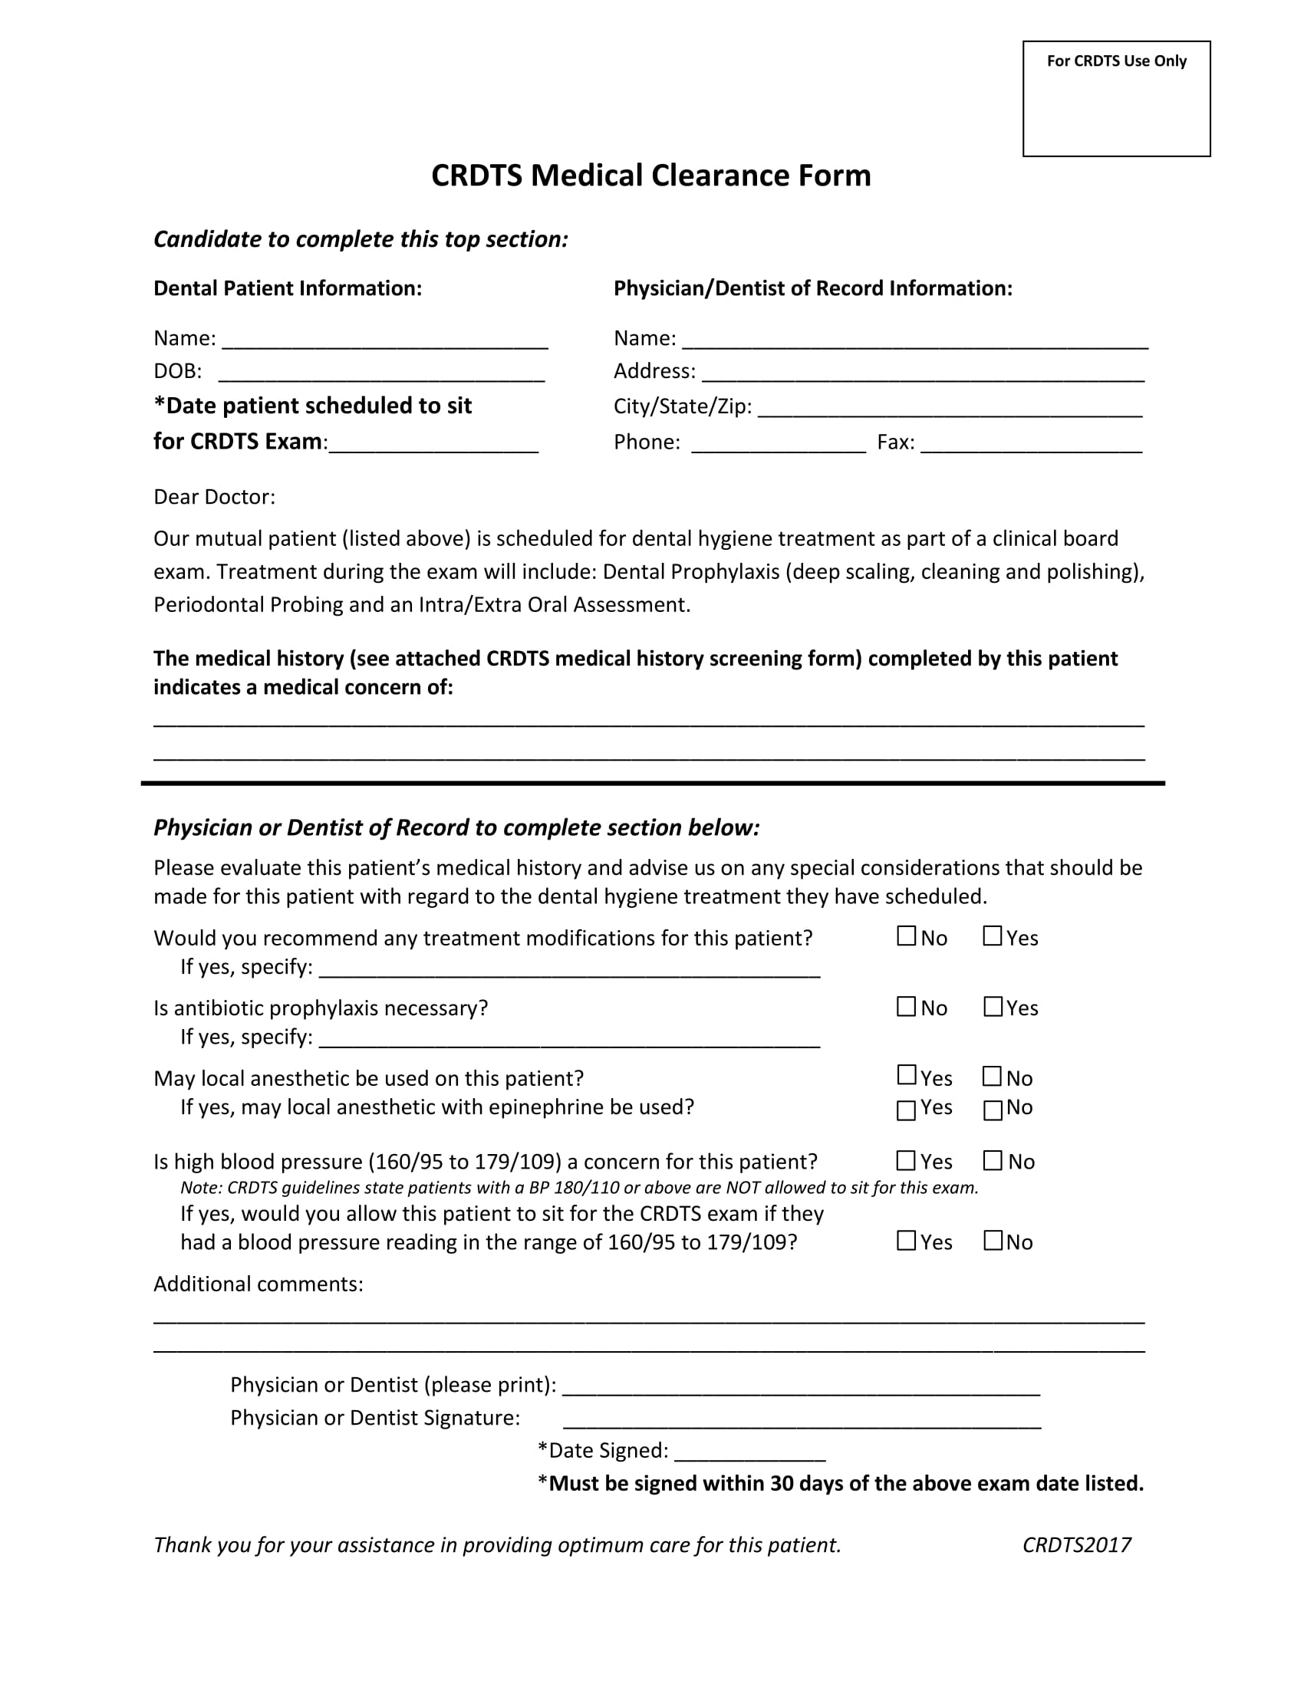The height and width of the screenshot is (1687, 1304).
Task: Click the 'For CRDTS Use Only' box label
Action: [x=1115, y=61]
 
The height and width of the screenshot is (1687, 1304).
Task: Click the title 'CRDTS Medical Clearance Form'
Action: [x=650, y=176]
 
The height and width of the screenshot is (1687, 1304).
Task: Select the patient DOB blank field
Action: [x=382, y=373]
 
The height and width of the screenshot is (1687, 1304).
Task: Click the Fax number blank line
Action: [x=1030, y=443]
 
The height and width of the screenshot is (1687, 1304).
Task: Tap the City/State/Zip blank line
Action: [x=950, y=408]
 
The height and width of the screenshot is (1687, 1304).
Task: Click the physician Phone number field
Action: [x=778, y=443]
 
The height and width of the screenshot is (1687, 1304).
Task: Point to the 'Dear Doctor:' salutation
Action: [x=214, y=497]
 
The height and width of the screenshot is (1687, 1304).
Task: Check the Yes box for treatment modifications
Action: [x=992, y=936]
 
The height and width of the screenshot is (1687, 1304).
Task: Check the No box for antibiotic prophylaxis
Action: [x=905, y=1007]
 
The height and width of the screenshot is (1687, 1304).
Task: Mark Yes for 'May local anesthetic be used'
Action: [x=905, y=1075]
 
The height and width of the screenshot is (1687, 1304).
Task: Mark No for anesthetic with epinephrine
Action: [x=992, y=1110]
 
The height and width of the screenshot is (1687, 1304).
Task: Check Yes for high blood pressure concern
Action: [x=905, y=1160]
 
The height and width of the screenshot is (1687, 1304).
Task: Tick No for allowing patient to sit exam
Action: [x=992, y=1241]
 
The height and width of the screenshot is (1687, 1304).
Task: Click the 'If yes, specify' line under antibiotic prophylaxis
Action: [x=568, y=1038]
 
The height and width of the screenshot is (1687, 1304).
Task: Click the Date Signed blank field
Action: [x=749, y=1452]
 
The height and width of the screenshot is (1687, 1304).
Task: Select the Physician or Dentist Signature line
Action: [x=801, y=1419]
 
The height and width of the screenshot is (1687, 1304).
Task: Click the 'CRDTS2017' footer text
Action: [x=1076, y=1545]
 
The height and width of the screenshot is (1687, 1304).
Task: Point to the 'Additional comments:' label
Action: [x=258, y=1284]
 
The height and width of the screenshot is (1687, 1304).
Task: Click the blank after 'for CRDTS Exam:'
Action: [x=433, y=443]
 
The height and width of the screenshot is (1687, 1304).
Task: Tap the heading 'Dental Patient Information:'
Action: [x=288, y=288]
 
